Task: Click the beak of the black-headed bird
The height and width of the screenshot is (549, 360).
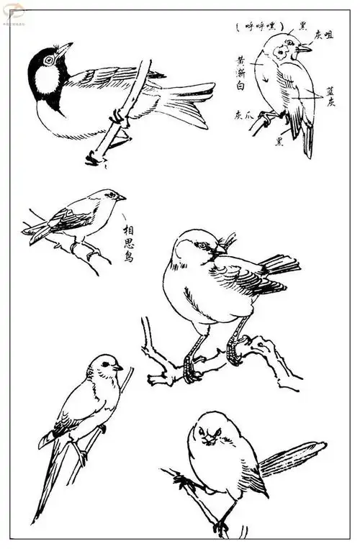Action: click(x=65, y=50)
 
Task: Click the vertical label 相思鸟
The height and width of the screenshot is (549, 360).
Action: click(x=127, y=243)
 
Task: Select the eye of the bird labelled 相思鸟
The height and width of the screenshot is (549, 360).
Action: click(x=110, y=195)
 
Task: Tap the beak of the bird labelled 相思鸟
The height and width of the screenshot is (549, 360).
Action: click(x=121, y=197)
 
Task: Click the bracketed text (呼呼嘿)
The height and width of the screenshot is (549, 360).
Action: click(x=260, y=27)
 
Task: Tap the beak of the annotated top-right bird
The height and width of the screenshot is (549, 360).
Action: click(x=305, y=49)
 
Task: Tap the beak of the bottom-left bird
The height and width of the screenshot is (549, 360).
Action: click(x=118, y=368)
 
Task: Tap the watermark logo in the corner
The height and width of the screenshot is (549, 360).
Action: click(x=14, y=12)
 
